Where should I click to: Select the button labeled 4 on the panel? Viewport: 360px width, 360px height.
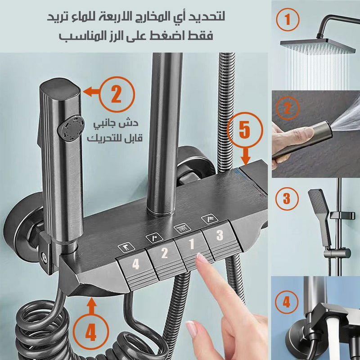coord(137,269)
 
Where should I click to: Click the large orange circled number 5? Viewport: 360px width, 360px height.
coord(245,130)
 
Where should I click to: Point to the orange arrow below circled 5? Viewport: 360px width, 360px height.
coord(246,157)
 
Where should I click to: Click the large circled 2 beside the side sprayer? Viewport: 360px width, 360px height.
coord(117,94)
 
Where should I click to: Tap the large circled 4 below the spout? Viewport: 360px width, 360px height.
coord(91,332)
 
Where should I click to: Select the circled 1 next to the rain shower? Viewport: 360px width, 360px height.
coord(288,19)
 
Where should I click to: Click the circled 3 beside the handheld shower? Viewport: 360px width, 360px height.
coord(287,198)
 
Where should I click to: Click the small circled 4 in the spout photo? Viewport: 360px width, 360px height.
coord(287,302)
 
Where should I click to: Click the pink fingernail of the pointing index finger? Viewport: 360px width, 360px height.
coord(201,258)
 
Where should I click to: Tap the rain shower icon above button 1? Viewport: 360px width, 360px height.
coord(182,228)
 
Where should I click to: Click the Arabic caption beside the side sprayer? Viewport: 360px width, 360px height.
coord(115,130)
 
